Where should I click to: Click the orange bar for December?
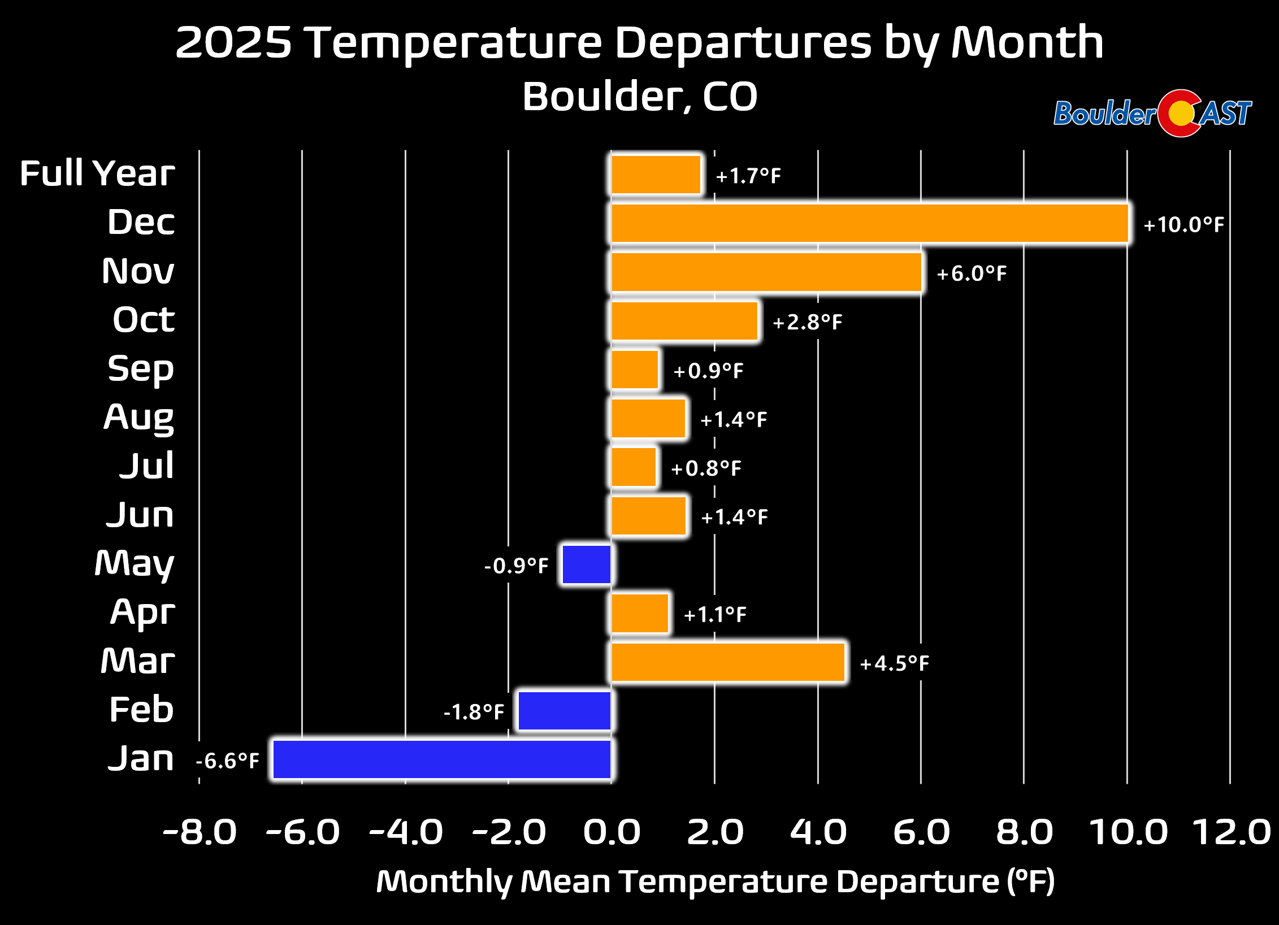point(870,224)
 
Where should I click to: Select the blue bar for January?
point(441,759)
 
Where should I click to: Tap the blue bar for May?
point(586,564)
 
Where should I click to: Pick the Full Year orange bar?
point(656,175)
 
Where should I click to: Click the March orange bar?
point(728,662)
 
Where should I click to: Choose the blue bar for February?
point(564,711)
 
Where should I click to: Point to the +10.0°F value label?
point(1183,225)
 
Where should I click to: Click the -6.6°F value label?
point(228,761)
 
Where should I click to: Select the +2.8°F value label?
point(807,322)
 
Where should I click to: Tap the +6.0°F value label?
point(972,273)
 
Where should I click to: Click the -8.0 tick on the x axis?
point(200,832)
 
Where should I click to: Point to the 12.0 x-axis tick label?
point(1231,832)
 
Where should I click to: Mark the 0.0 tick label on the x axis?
point(612,832)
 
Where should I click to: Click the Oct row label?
point(144,320)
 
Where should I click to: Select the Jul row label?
point(146,466)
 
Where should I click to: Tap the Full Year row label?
point(97,173)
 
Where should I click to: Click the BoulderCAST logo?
point(1152,114)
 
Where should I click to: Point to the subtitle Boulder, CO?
point(639,96)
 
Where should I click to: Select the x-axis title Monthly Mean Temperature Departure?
point(715,881)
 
